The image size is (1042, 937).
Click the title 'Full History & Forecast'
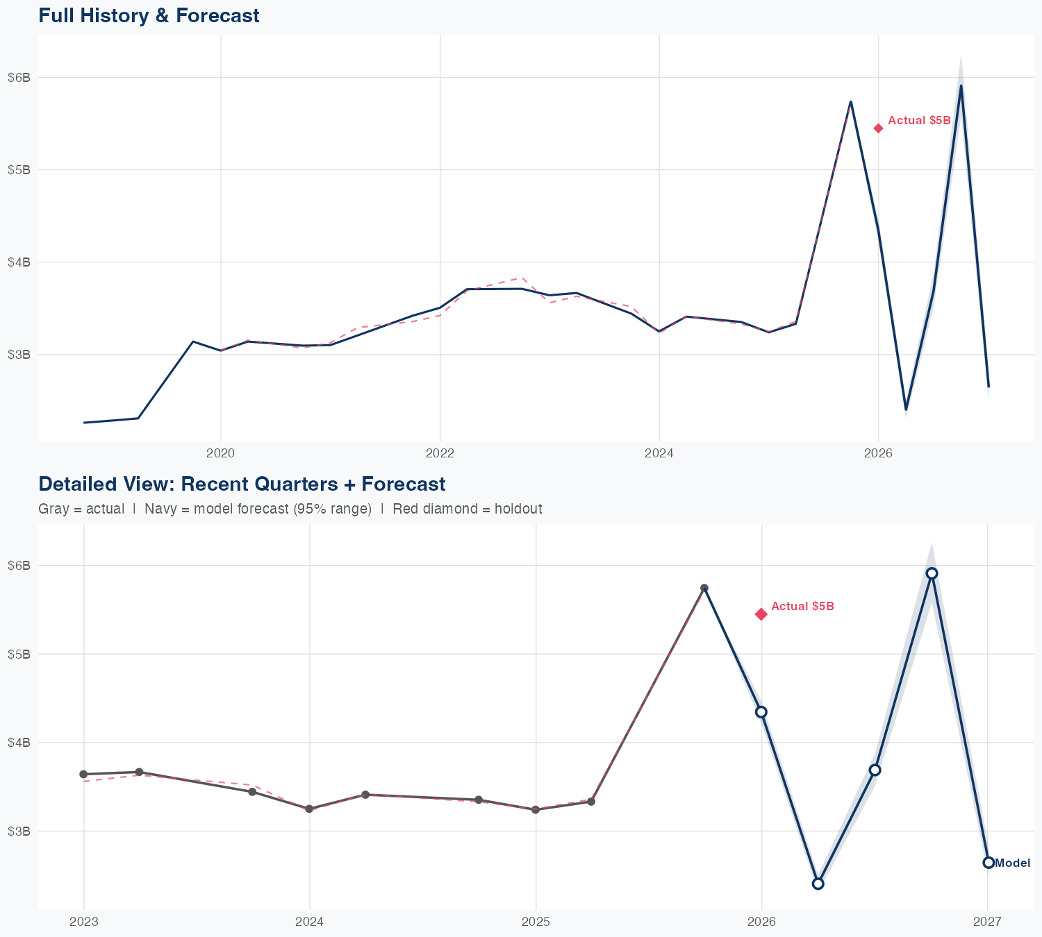(149, 15)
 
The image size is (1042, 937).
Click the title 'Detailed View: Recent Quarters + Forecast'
(242, 484)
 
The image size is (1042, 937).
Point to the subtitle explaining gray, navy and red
(290, 509)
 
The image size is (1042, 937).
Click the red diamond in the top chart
(878, 128)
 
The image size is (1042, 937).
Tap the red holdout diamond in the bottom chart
(761, 614)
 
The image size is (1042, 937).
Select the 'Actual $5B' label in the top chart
(919, 121)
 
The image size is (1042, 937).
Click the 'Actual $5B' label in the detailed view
(802, 607)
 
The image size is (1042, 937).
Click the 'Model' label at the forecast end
(1012, 863)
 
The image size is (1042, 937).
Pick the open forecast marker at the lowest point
(818, 884)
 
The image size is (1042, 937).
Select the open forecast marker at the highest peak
(932, 573)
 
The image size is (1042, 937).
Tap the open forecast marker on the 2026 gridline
(761, 712)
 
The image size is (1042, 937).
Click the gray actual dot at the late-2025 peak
(704, 588)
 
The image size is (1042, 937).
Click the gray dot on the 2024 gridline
(309, 809)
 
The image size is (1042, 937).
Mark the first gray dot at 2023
(83, 774)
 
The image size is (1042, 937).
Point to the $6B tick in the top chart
(19, 77)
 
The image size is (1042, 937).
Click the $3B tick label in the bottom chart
(19, 831)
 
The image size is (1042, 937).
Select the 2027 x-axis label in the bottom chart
(987, 922)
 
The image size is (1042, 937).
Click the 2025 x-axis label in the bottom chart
(536, 922)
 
